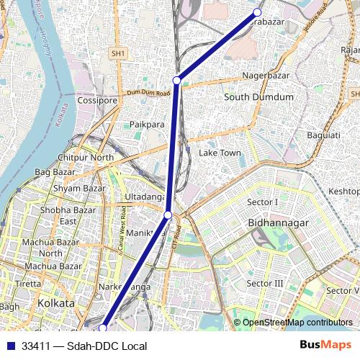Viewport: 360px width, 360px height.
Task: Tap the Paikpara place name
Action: pos(148,125)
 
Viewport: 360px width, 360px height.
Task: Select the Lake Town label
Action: pos(220,153)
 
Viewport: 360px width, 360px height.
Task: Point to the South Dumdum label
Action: pos(258,96)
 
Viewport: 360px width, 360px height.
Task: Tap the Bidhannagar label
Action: pos(278,223)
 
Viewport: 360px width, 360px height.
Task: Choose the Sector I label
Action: pos(262,202)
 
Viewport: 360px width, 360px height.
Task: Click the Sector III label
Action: pos(265,284)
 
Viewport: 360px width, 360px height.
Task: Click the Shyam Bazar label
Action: pos(79,188)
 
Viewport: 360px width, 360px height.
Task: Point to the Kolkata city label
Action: pos(56,303)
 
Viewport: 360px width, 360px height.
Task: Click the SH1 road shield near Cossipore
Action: pos(118,53)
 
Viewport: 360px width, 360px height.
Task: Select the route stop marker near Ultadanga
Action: pos(168,215)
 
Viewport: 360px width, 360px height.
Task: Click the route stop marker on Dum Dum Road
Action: pos(176,80)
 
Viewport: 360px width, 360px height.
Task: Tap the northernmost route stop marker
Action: pos(257,12)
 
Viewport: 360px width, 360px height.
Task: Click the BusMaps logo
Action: pos(326,346)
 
